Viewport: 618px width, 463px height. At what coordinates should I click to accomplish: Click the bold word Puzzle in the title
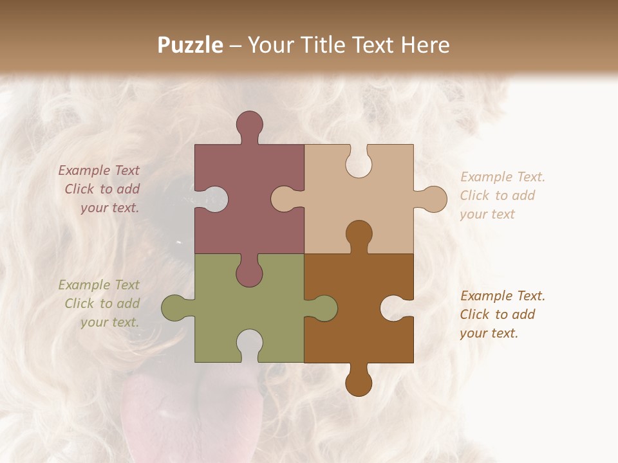(x=191, y=45)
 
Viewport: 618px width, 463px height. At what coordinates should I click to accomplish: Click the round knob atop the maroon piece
(x=249, y=123)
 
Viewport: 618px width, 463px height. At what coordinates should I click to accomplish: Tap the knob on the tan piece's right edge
(x=434, y=199)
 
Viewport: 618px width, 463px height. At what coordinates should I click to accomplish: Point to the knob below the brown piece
(x=359, y=383)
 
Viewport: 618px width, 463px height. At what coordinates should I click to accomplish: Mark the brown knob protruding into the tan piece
(x=359, y=233)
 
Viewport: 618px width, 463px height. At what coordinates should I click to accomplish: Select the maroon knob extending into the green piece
(x=249, y=274)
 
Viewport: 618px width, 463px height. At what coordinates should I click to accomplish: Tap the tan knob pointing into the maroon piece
(x=283, y=199)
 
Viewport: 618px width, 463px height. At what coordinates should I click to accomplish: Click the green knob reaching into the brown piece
(x=324, y=308)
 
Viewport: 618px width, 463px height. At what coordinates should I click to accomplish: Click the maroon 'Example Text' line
(x=98, y=170)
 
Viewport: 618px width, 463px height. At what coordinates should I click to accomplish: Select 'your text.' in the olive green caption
(x=109, y=322)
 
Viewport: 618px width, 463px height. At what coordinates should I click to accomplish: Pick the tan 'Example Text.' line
(x=503, y=177)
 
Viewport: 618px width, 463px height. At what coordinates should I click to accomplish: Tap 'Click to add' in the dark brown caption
(x=498, y=314)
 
